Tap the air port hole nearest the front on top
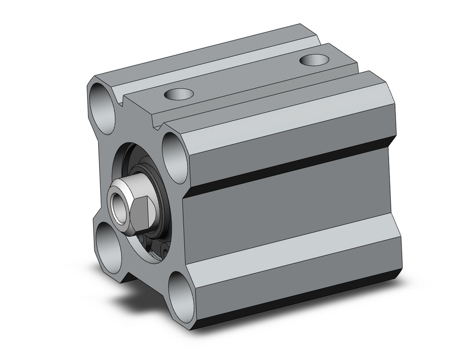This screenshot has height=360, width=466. [178, 94]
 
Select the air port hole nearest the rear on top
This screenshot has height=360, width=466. [313, 60]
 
